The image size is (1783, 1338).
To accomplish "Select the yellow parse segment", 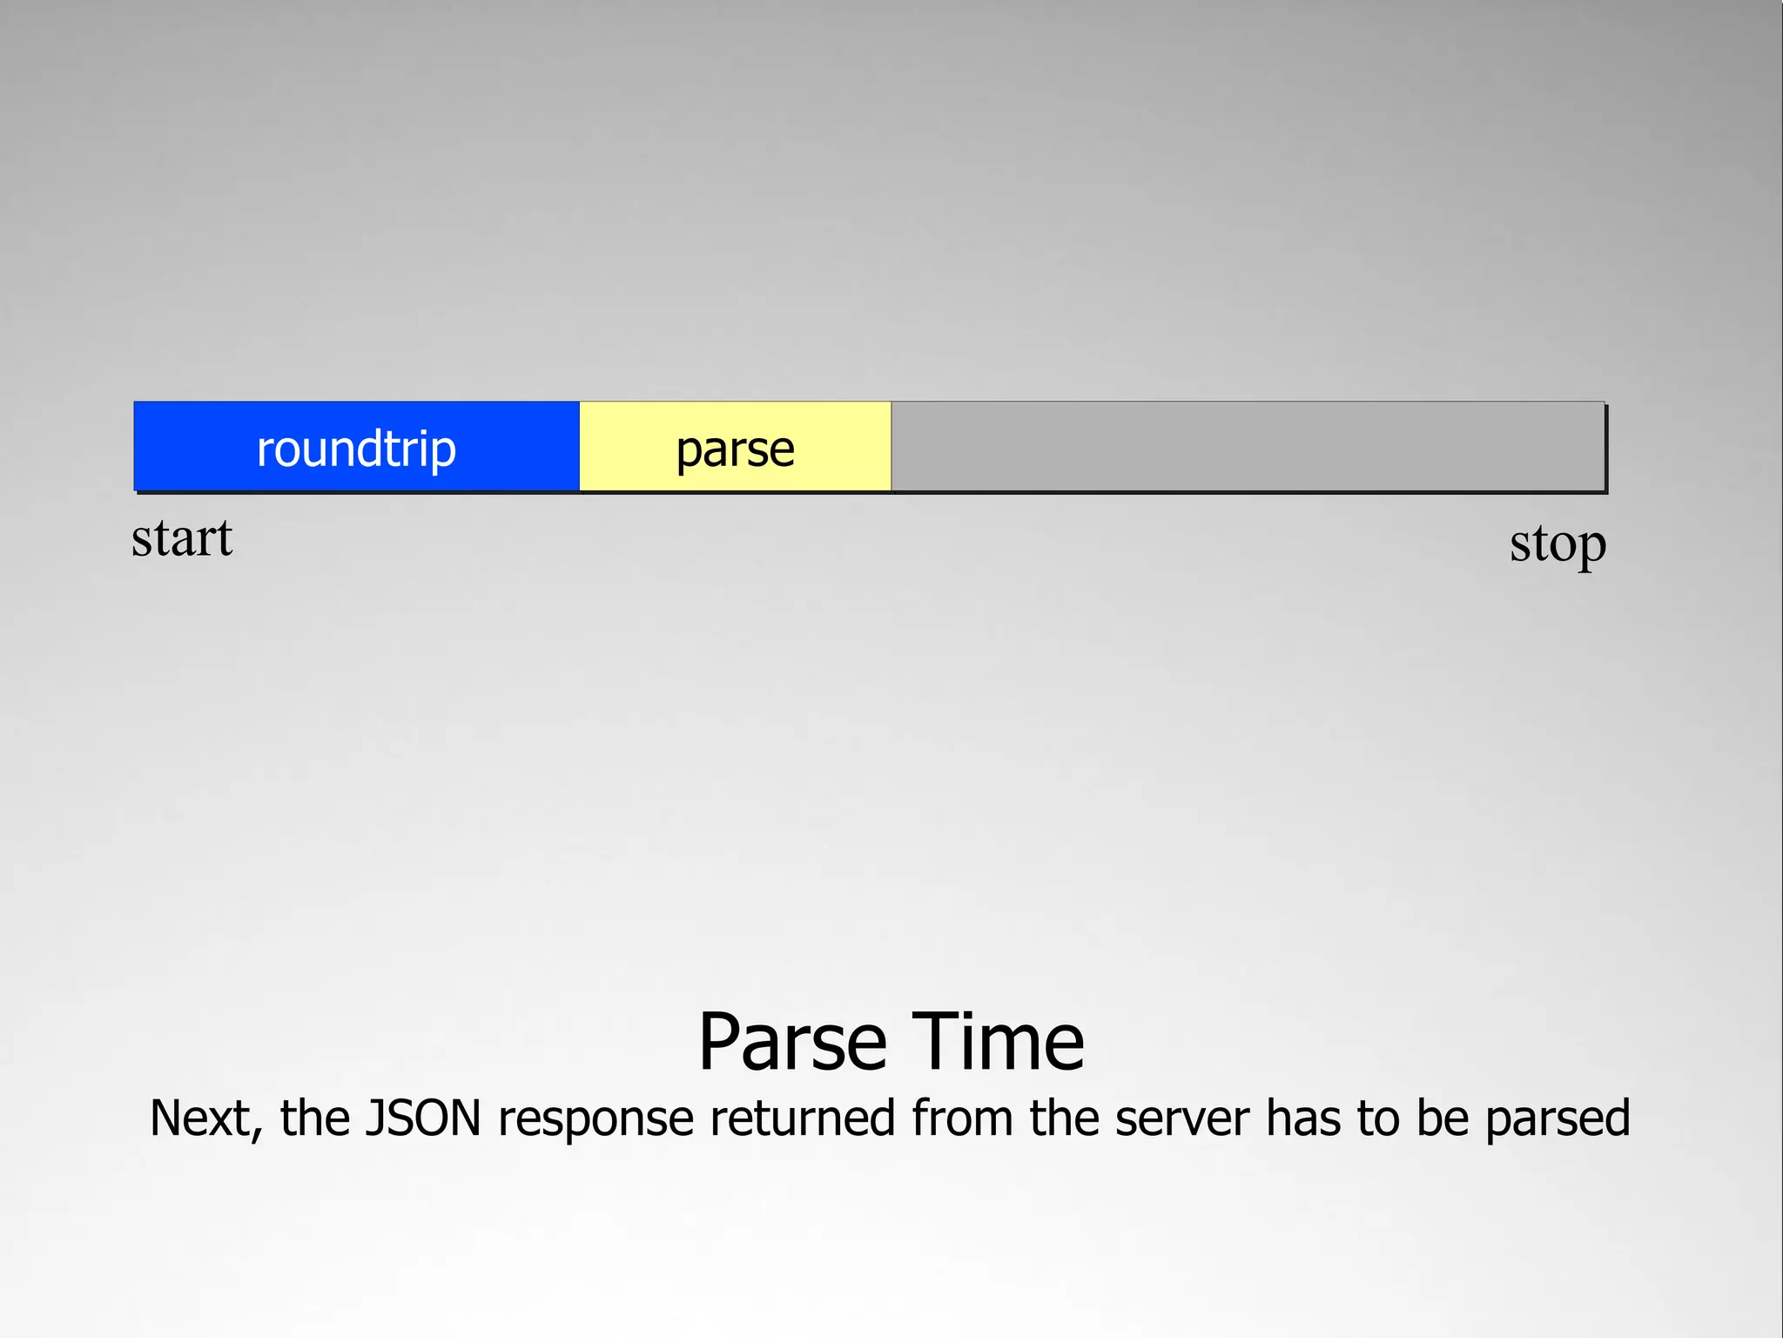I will tap(627, 447).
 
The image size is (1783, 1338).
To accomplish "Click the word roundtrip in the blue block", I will tap(356, 449).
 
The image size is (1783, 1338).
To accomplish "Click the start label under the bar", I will tap(182, 538).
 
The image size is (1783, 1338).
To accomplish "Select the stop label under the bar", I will tap(1558, 544).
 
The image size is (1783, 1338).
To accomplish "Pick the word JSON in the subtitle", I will tap(422, 1118).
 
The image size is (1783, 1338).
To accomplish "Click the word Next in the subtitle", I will tap(203, 1118).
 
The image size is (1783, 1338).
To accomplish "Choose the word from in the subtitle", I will tap(962, 1118).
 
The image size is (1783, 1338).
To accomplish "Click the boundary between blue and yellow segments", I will tap(580, 447).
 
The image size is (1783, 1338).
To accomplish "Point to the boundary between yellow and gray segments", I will tap(891, 447).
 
